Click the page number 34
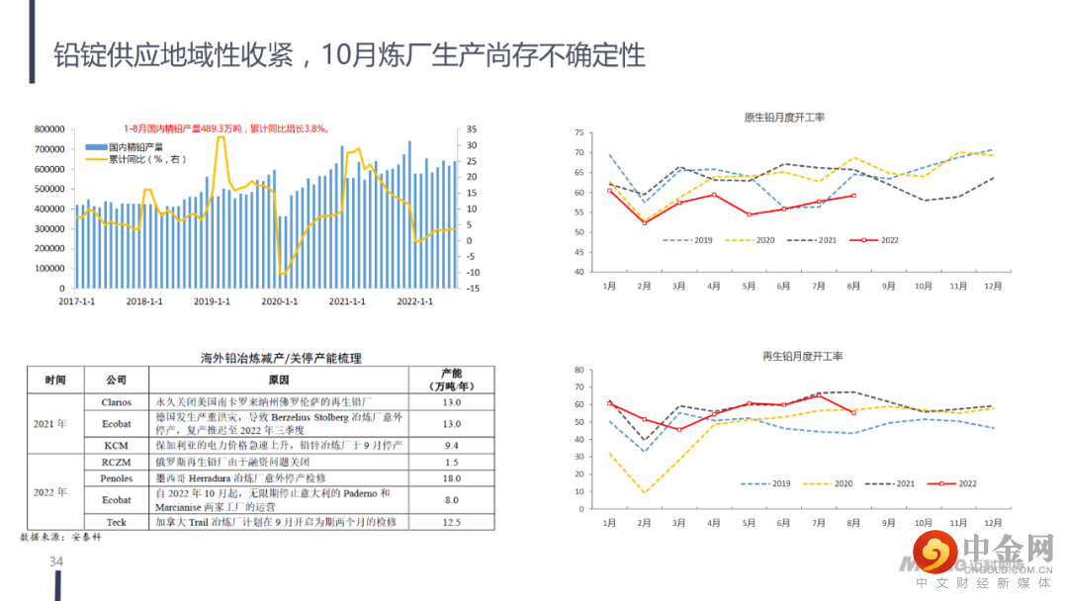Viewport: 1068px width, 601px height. [x=56, y=562]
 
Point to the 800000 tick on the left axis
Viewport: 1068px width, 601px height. [x=48, y=129]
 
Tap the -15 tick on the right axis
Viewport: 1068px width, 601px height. [x=473, y=289]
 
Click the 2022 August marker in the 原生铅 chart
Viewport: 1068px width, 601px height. [x=853, y=196]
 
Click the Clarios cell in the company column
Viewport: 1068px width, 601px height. [x=117, y=402]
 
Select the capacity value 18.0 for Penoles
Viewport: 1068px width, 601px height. [x=452, y=478]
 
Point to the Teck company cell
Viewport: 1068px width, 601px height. [x=117, y=521]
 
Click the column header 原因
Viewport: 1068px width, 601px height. [x=279, y=380]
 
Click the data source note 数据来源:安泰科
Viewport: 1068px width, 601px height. [x=61, y=537]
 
